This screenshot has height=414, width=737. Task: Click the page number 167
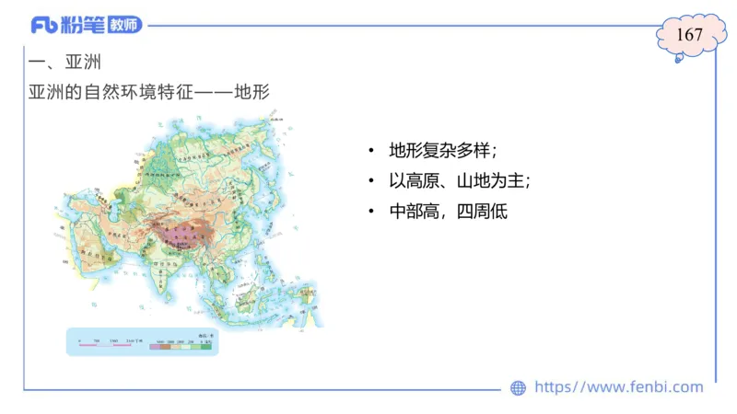[689, 36]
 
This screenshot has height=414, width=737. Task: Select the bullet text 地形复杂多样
[442, 150]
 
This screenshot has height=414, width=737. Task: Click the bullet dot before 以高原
[370, 180]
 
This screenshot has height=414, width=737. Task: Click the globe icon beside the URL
[518, 387]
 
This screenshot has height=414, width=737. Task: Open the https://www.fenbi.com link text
[618, 387]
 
